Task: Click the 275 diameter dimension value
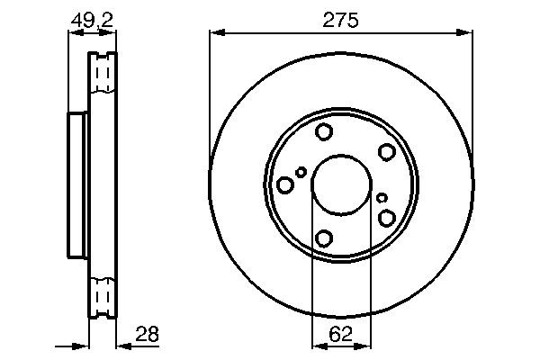[340, 20]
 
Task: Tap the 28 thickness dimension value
[146, 334]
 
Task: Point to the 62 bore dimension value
[340, 334]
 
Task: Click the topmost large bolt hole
[324, 132]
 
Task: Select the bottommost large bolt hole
[324, 238]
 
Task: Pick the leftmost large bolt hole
[285, 184]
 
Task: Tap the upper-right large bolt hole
[386, 152]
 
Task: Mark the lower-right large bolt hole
[387, 218]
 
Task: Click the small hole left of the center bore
[301, 172]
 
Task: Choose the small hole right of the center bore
[382, 198]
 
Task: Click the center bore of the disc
[340, 184]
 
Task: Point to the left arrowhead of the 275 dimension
[214, 34]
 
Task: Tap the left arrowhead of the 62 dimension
[316, 346]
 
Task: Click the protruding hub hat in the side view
[76, 185]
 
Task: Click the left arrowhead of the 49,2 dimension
[73, 34]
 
